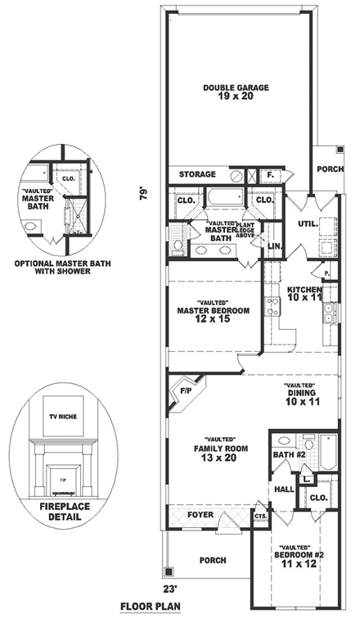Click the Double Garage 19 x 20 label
(x=236, y=92)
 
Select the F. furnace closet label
(x=269, y=175)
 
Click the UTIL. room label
(x=307, y=223)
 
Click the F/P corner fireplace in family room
(x=186, y=391)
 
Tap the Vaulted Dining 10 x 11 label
(x=301, y=396)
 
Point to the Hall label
(x=284, y=489)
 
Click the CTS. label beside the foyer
(x=261, y=517)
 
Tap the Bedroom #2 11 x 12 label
(x=300, y=556)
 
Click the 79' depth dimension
(x=144, y=195)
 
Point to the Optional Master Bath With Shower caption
(x=62, y=267)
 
